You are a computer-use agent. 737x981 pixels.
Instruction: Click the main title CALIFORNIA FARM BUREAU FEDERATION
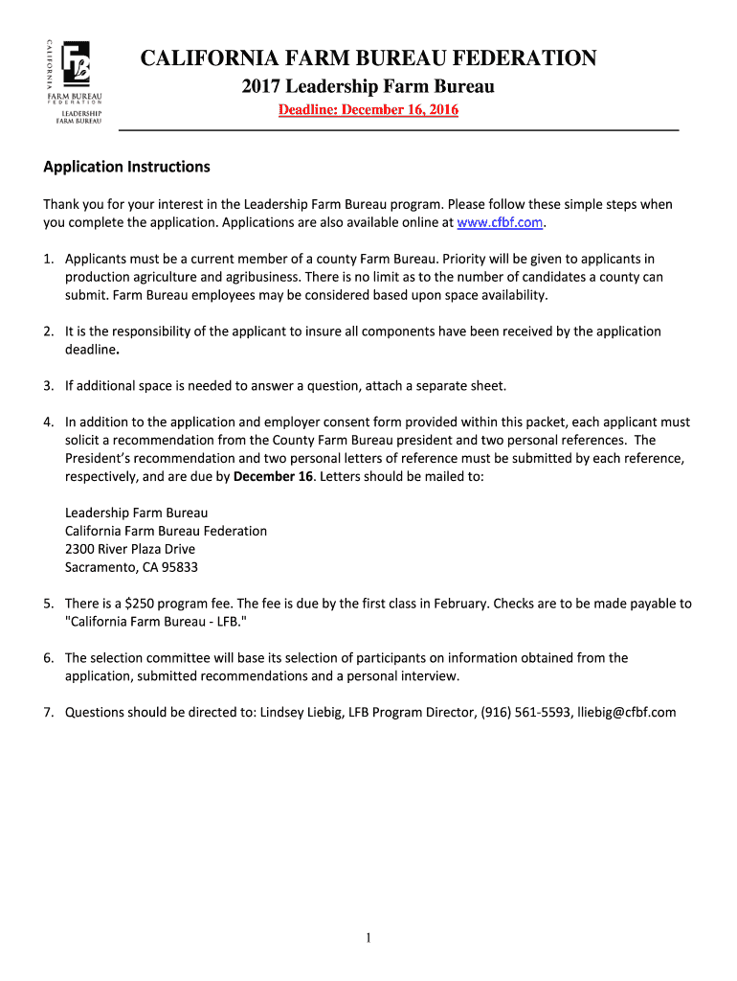368,59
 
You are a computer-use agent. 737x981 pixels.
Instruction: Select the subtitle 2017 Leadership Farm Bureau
368,88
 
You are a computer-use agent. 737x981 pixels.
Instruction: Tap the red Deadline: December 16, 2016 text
368,110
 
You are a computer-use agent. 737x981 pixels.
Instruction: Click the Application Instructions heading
126,167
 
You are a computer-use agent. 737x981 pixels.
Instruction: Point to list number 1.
48,259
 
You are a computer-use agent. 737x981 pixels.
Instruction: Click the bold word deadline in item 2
92,350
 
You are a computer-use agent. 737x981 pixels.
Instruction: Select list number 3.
48,386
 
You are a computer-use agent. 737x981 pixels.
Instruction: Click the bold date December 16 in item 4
272,476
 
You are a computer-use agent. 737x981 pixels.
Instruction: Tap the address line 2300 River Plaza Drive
129,549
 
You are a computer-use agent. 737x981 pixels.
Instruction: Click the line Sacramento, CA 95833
131,567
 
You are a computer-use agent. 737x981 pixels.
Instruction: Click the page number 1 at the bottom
368,938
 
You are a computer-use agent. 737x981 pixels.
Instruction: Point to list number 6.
48,658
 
